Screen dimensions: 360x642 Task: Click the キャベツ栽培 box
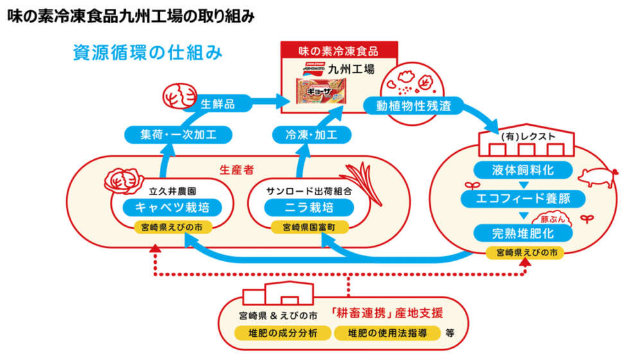pyautogui.click(x=169, y=207)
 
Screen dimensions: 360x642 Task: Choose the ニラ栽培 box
pyautogui.click(x=300, y=207)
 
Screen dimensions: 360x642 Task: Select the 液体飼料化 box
pyautogui.click(x=523, y=170)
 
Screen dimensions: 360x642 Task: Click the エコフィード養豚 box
pyautogui.click(x=523, y=198)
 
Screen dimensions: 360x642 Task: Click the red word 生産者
pyautogui.click(x=234, y=170)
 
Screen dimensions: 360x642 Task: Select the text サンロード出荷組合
pyautogui.click(x=300, y=191)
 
